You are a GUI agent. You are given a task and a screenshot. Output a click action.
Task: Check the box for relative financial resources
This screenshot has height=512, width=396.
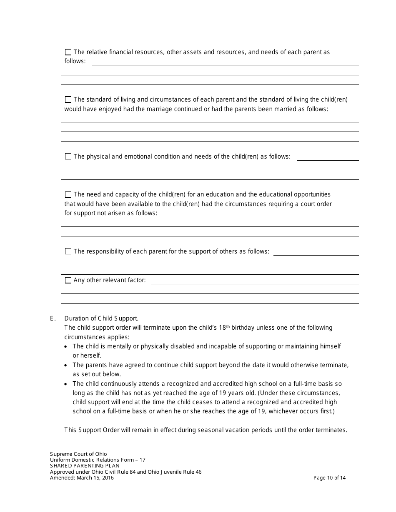pyautogui.click(x=68, y=52)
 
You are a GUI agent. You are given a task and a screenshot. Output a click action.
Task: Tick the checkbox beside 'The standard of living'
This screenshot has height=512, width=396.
pyautogui.click(x=68, y=100)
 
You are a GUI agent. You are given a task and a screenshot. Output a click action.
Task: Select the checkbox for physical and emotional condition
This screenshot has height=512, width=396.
pyautogui.click(x=68, y=157)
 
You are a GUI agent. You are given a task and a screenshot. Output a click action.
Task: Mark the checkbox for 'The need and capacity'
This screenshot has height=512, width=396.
pyautogui.click(x=68, y=195)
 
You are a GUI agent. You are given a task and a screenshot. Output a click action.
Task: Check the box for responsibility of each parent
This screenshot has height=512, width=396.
pyautogui.click(x=68, y=252)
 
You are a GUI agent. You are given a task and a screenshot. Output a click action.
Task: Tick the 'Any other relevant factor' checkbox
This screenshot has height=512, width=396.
pyautogui.click(x=68, y=281)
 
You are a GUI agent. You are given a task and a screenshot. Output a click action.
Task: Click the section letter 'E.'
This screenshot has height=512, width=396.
pyautogui.click(x=53, y=318)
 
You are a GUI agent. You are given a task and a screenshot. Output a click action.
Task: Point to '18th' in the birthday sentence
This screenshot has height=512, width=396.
pyautogui.click(x=225, y=327)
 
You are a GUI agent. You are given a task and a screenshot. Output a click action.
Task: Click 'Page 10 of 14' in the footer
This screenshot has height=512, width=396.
pyautogui.click(x=329, y=478)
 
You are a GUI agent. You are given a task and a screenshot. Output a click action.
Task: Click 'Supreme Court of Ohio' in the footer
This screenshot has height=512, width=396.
pyautogui.click(x=78, y=454)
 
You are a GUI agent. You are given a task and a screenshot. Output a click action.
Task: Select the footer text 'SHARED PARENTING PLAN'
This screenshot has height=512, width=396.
pyautogui.click(x=85, y=466)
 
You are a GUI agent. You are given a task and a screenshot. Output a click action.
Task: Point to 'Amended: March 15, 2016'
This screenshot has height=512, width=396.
pyautogui.click(x=82, y=478)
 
